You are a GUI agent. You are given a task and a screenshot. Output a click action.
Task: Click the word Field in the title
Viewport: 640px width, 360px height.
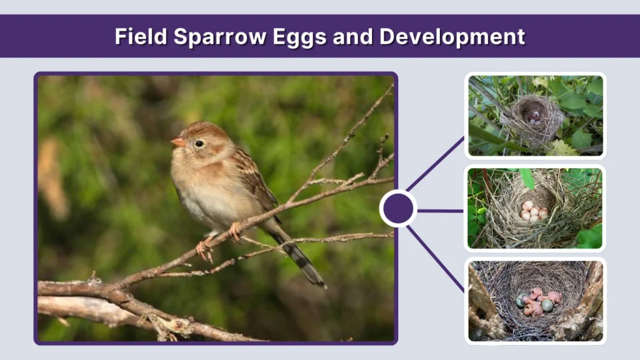[141, 37]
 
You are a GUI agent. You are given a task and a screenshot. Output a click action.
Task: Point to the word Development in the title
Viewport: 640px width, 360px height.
[452, 37]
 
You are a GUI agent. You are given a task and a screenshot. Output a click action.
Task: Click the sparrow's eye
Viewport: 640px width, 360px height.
[199, 143]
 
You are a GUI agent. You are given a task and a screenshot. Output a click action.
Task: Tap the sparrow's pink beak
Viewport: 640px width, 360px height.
[178, 142]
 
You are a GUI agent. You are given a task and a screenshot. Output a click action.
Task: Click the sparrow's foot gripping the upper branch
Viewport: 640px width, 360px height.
[236, 231]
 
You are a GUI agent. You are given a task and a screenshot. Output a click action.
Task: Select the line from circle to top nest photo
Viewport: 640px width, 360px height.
[435, 164]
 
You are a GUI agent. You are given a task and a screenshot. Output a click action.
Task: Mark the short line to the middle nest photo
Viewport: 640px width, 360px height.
[440, 211]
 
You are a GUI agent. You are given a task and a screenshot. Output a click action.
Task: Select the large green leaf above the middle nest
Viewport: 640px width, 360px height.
[527, 177]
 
